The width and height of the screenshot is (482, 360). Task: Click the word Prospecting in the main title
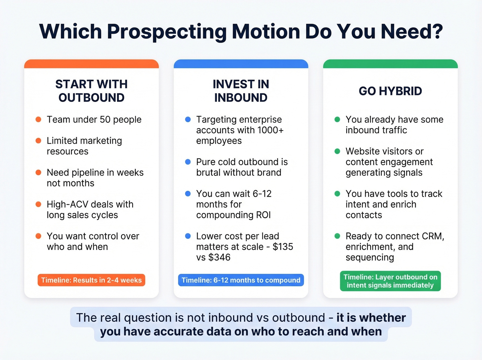click(167, 32)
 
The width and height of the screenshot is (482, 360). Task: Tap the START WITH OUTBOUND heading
click(92, 91)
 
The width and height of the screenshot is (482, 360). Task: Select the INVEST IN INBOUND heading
click(241, 91)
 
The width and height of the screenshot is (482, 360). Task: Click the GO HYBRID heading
click(390, 91)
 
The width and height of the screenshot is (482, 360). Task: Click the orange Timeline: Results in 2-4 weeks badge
click(91, 280)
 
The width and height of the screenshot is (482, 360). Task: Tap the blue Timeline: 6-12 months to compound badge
click(241, 280)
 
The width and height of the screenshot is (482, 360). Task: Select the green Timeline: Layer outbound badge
click(390, 281)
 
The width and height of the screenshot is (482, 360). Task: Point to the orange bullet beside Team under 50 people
click(39, 120)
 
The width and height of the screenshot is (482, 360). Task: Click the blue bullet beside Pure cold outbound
click(188, 162)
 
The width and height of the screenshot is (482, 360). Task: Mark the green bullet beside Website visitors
click(337, 151)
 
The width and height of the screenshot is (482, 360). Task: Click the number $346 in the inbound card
click(219, 257)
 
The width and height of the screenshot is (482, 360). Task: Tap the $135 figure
click(283, 247)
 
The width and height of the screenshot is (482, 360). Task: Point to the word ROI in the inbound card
click(263, 215)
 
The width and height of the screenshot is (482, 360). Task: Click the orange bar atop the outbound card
click(91, 64)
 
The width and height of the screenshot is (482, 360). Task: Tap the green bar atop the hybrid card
click(390, 64)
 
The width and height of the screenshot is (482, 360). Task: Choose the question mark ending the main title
click(437, 32)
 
